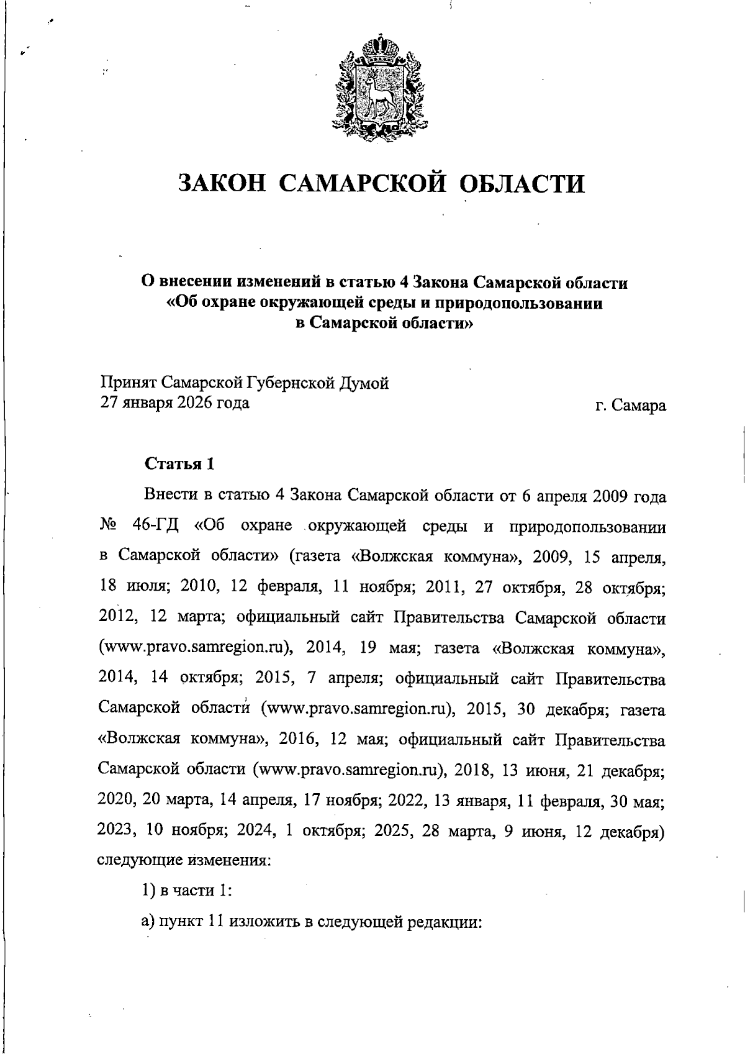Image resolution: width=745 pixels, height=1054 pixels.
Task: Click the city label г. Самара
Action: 630,406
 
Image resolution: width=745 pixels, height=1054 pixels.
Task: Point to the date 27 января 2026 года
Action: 175,403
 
